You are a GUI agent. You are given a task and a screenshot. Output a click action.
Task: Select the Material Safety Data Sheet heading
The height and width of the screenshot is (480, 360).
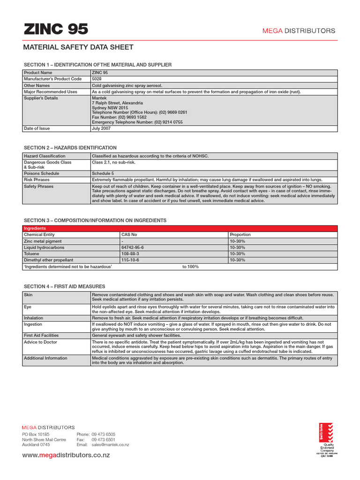click(x=78, y=47)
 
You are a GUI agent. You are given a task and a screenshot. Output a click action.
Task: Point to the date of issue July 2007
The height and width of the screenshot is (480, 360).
click(x=101, y=128)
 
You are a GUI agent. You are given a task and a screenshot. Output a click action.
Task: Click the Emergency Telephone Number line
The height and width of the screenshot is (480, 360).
click(x=137, y=122)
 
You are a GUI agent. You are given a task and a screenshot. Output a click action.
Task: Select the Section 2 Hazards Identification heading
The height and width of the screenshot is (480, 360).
click(x=70, y=148)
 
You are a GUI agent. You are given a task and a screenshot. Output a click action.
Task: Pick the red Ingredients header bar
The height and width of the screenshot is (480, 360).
click(x=180, y=228)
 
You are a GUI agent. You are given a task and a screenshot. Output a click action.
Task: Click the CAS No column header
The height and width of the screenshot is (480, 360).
click(x=129, y=234)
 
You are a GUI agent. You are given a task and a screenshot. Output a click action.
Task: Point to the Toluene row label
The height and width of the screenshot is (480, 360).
click(x=32, y=254)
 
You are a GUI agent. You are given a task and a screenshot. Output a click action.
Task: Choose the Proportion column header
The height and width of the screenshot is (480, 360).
click(x=240, y=234)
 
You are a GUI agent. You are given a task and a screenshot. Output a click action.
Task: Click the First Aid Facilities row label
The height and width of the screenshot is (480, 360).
click(x=41, y=336)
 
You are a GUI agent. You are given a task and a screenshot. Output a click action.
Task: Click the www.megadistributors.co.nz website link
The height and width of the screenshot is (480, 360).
click(x=66, y=456)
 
